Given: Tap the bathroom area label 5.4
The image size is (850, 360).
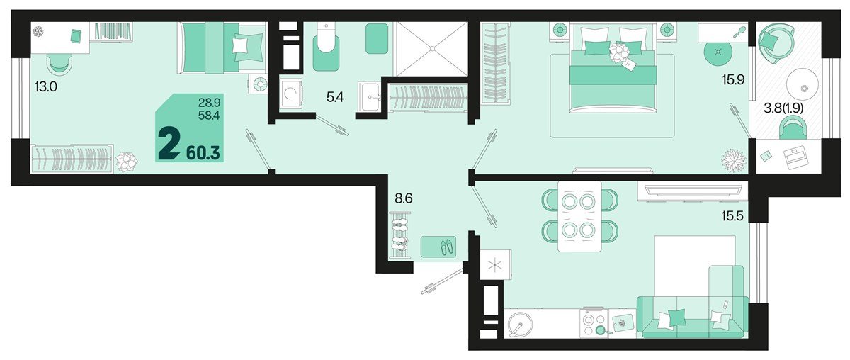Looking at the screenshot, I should coord(334,98).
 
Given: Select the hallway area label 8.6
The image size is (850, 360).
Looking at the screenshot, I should coord(403,199).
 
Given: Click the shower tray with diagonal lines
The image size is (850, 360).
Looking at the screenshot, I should coord(431,48).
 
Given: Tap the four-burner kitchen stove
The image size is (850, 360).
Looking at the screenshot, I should coord(594,324).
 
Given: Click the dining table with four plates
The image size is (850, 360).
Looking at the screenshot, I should coord(579,216).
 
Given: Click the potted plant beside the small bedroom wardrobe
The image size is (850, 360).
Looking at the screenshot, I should coord(127,162).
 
